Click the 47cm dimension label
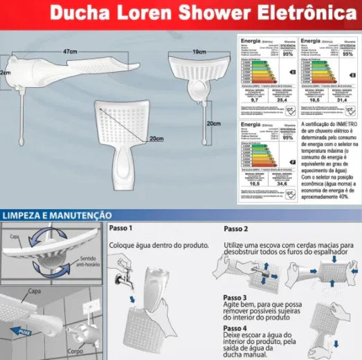[69, 52]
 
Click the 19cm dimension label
[201, 52]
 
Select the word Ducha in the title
[84, 12]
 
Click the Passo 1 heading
[121, 228]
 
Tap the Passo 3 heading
[235, 298]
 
